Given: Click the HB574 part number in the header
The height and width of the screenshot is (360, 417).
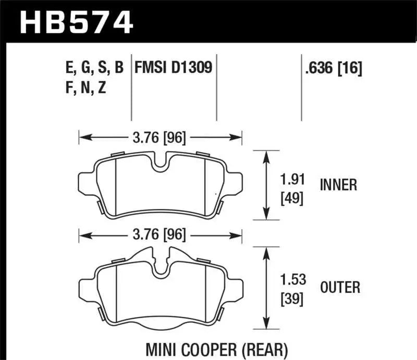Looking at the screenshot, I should click(77, 22).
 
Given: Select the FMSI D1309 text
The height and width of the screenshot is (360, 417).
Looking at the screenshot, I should click(174, 68).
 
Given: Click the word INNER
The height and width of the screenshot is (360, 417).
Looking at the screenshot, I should click(339, 185).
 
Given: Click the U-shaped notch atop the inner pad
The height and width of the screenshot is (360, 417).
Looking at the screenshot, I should click(161, 163).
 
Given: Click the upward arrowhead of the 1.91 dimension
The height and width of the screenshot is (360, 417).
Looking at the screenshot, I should click(267, 155).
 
